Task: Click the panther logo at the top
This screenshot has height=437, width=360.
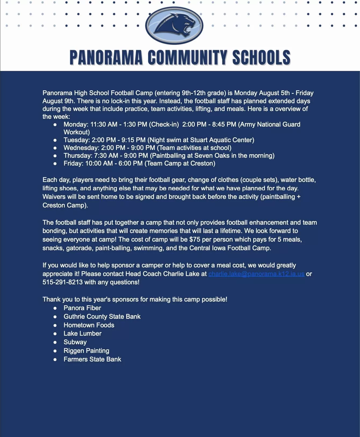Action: coord(174,25)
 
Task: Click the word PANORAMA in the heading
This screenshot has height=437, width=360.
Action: coord(106,58)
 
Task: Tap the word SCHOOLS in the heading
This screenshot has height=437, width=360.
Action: coord(261,58)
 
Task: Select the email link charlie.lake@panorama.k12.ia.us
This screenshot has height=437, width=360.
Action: coord(256,274)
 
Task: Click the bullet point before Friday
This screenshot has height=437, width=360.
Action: coord(55,163)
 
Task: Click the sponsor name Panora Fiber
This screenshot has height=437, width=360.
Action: coord(82,308)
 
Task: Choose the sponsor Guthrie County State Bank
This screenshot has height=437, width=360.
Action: coord(102,317)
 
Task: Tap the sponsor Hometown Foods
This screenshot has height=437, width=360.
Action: coord(89,325)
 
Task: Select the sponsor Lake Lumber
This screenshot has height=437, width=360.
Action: coord(82,334)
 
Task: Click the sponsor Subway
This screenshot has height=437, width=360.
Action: coord(75,342)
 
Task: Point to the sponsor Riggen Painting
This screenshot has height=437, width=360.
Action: coord(86,351)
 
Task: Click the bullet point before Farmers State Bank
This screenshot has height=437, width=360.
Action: coord(55,359)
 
